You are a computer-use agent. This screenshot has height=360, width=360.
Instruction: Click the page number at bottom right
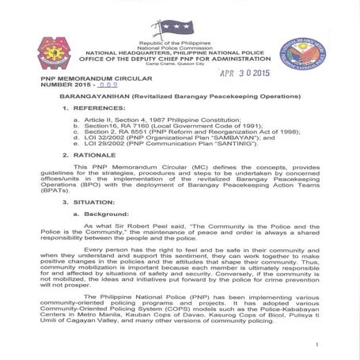pyautogui.click(x=316, y=345)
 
